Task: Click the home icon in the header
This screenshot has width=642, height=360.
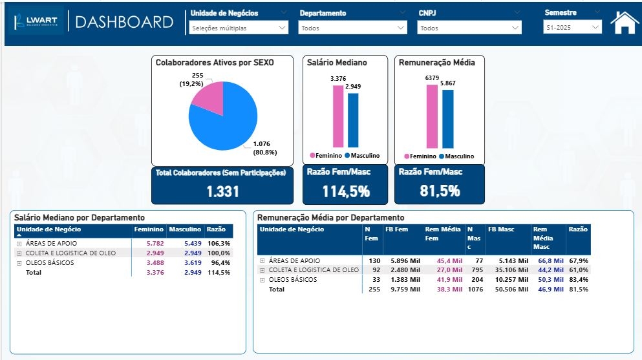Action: tap(625, 23)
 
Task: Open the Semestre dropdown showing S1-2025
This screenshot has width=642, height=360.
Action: tap(572, 28)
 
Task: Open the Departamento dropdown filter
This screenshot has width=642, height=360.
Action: tap(353, 28)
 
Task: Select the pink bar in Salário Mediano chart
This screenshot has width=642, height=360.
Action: tap(338, 116)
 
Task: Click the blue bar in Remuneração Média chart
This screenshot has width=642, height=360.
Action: tap(448, 119)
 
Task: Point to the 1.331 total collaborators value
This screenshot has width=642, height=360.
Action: tap(222, 191)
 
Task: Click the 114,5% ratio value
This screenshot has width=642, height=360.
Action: tap(345, 191)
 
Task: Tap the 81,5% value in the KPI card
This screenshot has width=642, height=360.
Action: tap(439, 191)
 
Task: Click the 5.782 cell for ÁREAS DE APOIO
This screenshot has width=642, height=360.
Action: tap(155, 244)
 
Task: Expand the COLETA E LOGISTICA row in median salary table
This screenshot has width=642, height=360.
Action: tap(19, 253)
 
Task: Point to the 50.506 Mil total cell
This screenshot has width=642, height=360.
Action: tap(508, 290)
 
